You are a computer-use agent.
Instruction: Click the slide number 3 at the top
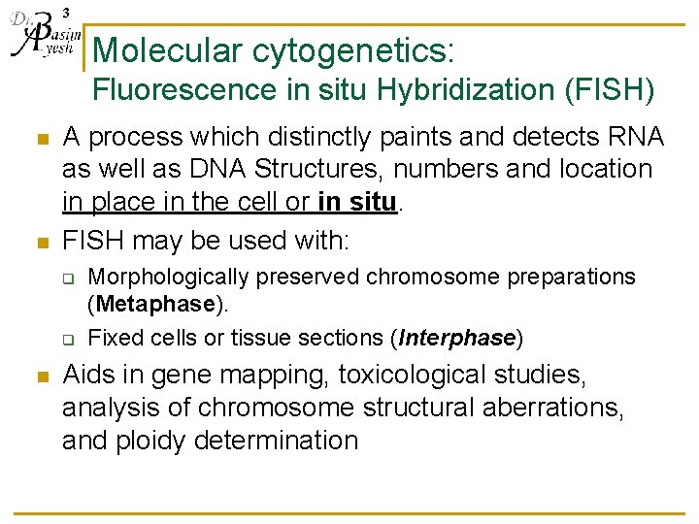(x=65, y=12)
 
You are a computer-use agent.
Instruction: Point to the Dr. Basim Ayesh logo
(x=41, y=37)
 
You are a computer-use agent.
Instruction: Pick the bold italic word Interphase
(x=456, y=338)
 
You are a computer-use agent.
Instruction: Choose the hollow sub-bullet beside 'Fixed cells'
(x=70, y=340)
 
